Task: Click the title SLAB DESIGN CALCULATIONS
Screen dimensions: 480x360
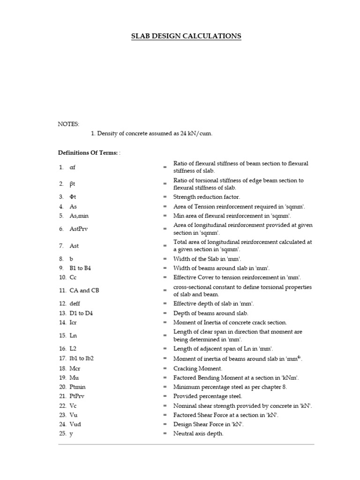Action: pyautogui.click(x=186, y=36)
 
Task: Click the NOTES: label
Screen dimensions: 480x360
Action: pyautogui.click(x=68, y=124)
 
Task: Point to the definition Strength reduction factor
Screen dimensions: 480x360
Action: pyautogui.click(x=207, y=197)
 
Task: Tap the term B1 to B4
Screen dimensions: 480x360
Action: pyautogui.click(x=80, y=268)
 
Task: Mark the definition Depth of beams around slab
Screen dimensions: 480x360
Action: pyautogui.click(x=211, y=313)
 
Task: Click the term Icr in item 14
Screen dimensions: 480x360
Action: pyautogui.click(x=73, y=322)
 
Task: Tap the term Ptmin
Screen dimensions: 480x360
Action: pyautogui.click(x=77, y=387)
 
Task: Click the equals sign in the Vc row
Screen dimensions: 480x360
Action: pyautogui.click(x=165, y=406)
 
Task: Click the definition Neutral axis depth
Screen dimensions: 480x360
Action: pyautogui.click(x=198, y=434)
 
